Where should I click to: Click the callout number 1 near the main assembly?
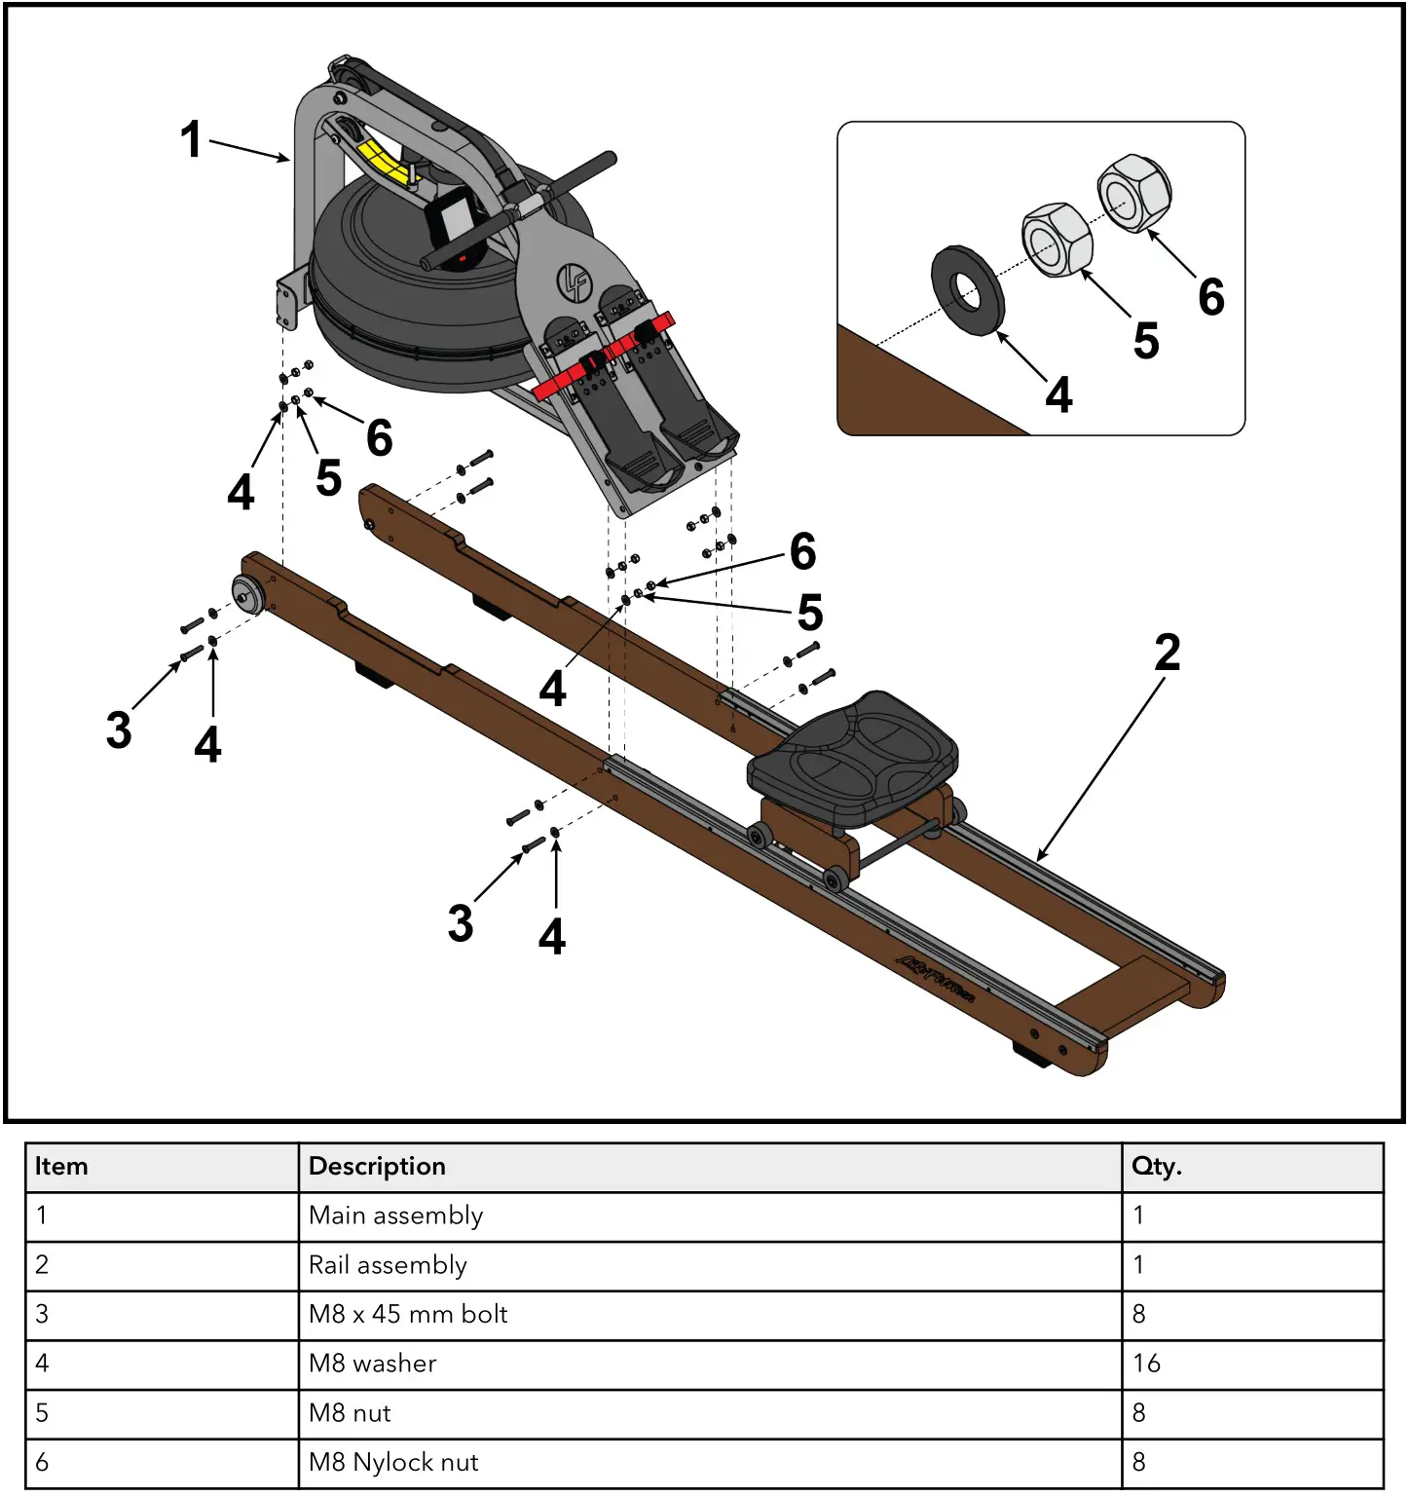tap(191, 139)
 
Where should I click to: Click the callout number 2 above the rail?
tap(1167, 653)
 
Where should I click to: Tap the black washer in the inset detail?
tap(966, 289)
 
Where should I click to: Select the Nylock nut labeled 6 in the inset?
tap(1133, 193)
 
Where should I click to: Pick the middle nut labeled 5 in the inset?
tap(1057, 240)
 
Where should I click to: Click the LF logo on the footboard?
tap(574, 282)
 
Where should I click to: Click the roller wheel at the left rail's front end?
tap(246, 593)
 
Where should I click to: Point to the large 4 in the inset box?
tap(1058, 395)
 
